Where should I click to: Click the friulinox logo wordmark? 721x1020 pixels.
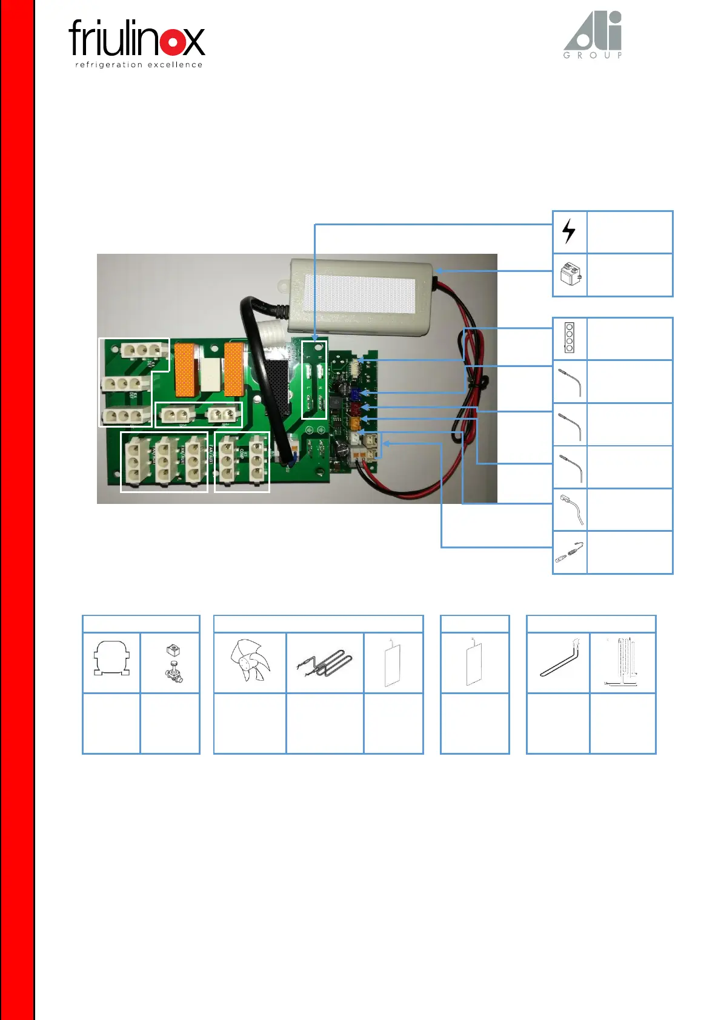pyautogui.click(x=137, y=38)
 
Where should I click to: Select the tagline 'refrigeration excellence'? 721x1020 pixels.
pyautogui.click(x=138, y=65)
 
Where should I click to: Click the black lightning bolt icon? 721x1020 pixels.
pyautogui.click(x=569, y=231)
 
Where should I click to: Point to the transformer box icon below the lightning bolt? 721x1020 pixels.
pyautogui.click(x=570, y=275)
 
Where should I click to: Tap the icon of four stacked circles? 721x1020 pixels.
pyautogui.click(x=569, y=338)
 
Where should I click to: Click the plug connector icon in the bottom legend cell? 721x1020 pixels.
pyautogui.click(x=570, y=552)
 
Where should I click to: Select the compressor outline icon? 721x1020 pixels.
pyautogui.click(x=111, y=660)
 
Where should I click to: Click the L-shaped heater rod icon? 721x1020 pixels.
pyautogui.click(x=557, y=661)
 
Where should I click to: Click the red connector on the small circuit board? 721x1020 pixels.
pyautogui.click(x=356, y=408)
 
